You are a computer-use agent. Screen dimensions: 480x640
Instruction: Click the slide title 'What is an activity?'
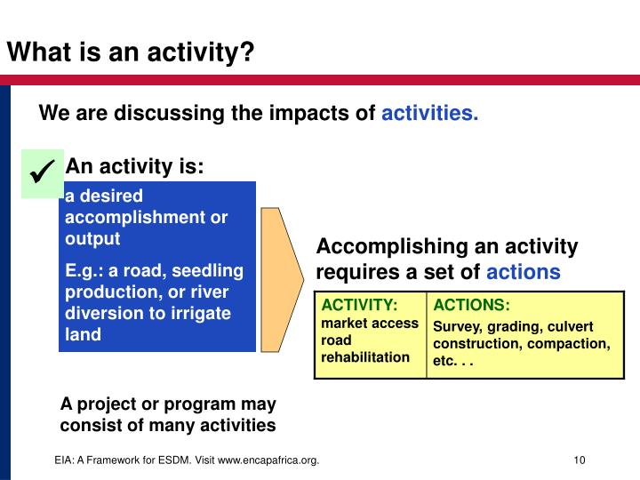point(131,52)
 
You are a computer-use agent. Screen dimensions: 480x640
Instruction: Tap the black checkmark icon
point(43,172)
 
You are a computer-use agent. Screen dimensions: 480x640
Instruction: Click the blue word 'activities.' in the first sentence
point(430,114)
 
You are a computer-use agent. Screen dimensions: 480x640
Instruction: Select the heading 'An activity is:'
point(135,167)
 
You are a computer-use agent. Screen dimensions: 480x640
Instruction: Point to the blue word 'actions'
point(524,272)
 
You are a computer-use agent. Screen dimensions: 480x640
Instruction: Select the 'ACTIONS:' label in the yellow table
point(472,305)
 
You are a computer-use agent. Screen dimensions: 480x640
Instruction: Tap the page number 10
point(580,460)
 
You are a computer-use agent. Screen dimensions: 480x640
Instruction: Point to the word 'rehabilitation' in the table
point(366,356)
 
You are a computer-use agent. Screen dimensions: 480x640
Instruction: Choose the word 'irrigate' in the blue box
point(200,313)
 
